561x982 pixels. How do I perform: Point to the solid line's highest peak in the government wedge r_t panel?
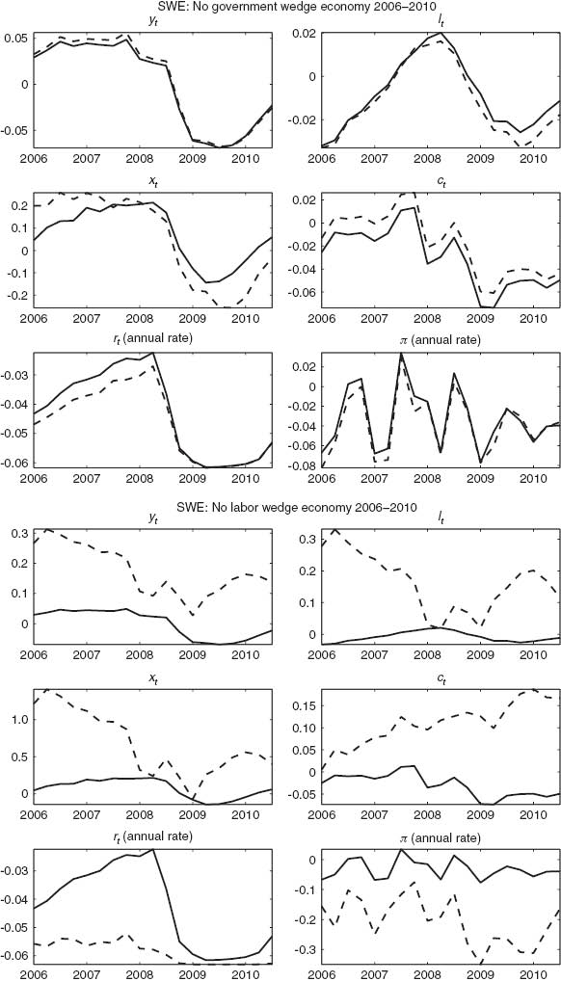[x=153, y=354]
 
